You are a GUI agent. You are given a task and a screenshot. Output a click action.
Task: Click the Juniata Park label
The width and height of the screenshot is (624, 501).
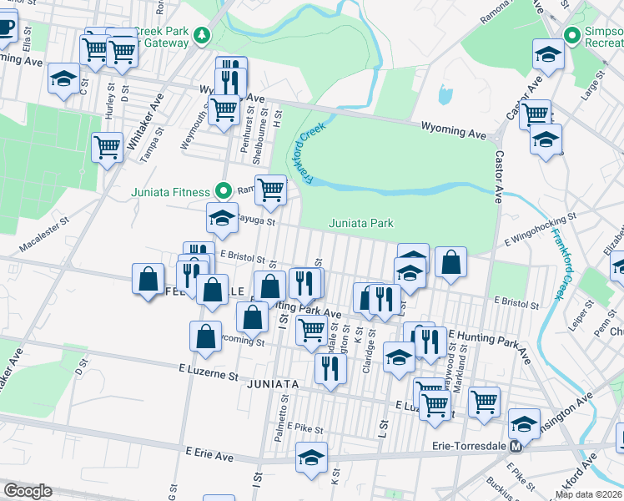[x=360, y=223]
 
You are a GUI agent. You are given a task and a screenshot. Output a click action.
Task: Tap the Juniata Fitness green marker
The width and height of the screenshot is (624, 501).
[x=224, y=190]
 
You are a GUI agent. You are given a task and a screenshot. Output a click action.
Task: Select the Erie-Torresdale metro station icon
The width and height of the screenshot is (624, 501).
[x=516, y=446]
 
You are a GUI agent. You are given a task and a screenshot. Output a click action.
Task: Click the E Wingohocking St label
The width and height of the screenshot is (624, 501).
[x=541, y=220]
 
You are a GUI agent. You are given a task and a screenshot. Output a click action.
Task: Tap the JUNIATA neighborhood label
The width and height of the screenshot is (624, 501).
[x=273, y=383]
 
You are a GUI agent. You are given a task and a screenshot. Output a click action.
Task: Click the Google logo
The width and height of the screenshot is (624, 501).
[x=28, y=491]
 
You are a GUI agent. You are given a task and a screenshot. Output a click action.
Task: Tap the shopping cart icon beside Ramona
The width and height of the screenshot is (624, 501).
[x=270, y=190]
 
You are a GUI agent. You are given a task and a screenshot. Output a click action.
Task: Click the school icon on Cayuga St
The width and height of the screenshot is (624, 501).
[x=222, y=218]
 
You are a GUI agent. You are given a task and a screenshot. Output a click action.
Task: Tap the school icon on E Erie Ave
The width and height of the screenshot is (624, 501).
[x=311, y=457]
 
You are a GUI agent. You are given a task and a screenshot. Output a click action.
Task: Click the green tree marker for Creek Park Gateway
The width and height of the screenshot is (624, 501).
[x=201, y=36]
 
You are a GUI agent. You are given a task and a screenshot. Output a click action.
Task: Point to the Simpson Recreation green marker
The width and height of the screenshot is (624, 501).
[x=571, y=36]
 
